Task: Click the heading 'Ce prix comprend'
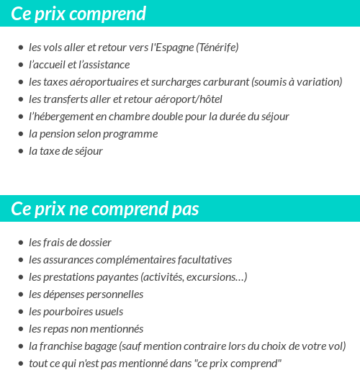pos(78,13)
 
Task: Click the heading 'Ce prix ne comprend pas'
pos(105,208)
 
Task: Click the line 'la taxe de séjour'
pos(66,151)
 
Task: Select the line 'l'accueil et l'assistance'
pos(79,65)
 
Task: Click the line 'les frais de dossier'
pos(70,243)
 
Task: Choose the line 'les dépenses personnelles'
pos(86,294)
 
